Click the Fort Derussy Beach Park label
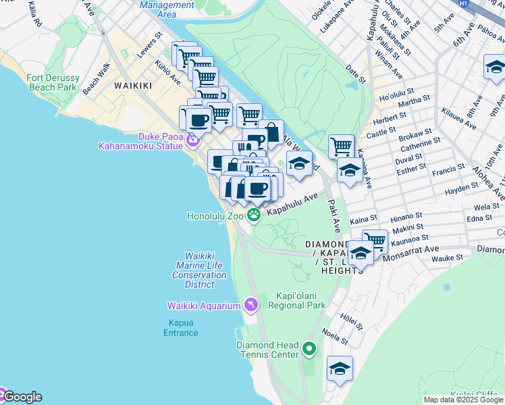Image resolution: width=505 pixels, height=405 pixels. (52, 82)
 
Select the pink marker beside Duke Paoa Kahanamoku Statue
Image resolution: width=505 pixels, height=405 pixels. (192, 140)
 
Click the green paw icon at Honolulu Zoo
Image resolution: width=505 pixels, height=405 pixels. (254, 215)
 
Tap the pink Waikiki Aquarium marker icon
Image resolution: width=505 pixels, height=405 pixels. (250, 306)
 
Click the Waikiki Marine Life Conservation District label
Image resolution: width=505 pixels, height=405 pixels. (199, 270)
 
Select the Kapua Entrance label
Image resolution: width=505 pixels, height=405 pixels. (180, 327)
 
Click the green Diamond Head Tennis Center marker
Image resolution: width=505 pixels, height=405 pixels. (309, 349)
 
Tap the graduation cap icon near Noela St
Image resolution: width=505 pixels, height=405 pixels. (340, 369)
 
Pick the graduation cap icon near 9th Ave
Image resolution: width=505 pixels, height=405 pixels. (495, 67)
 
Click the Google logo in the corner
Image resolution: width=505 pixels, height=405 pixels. (22, 397)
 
